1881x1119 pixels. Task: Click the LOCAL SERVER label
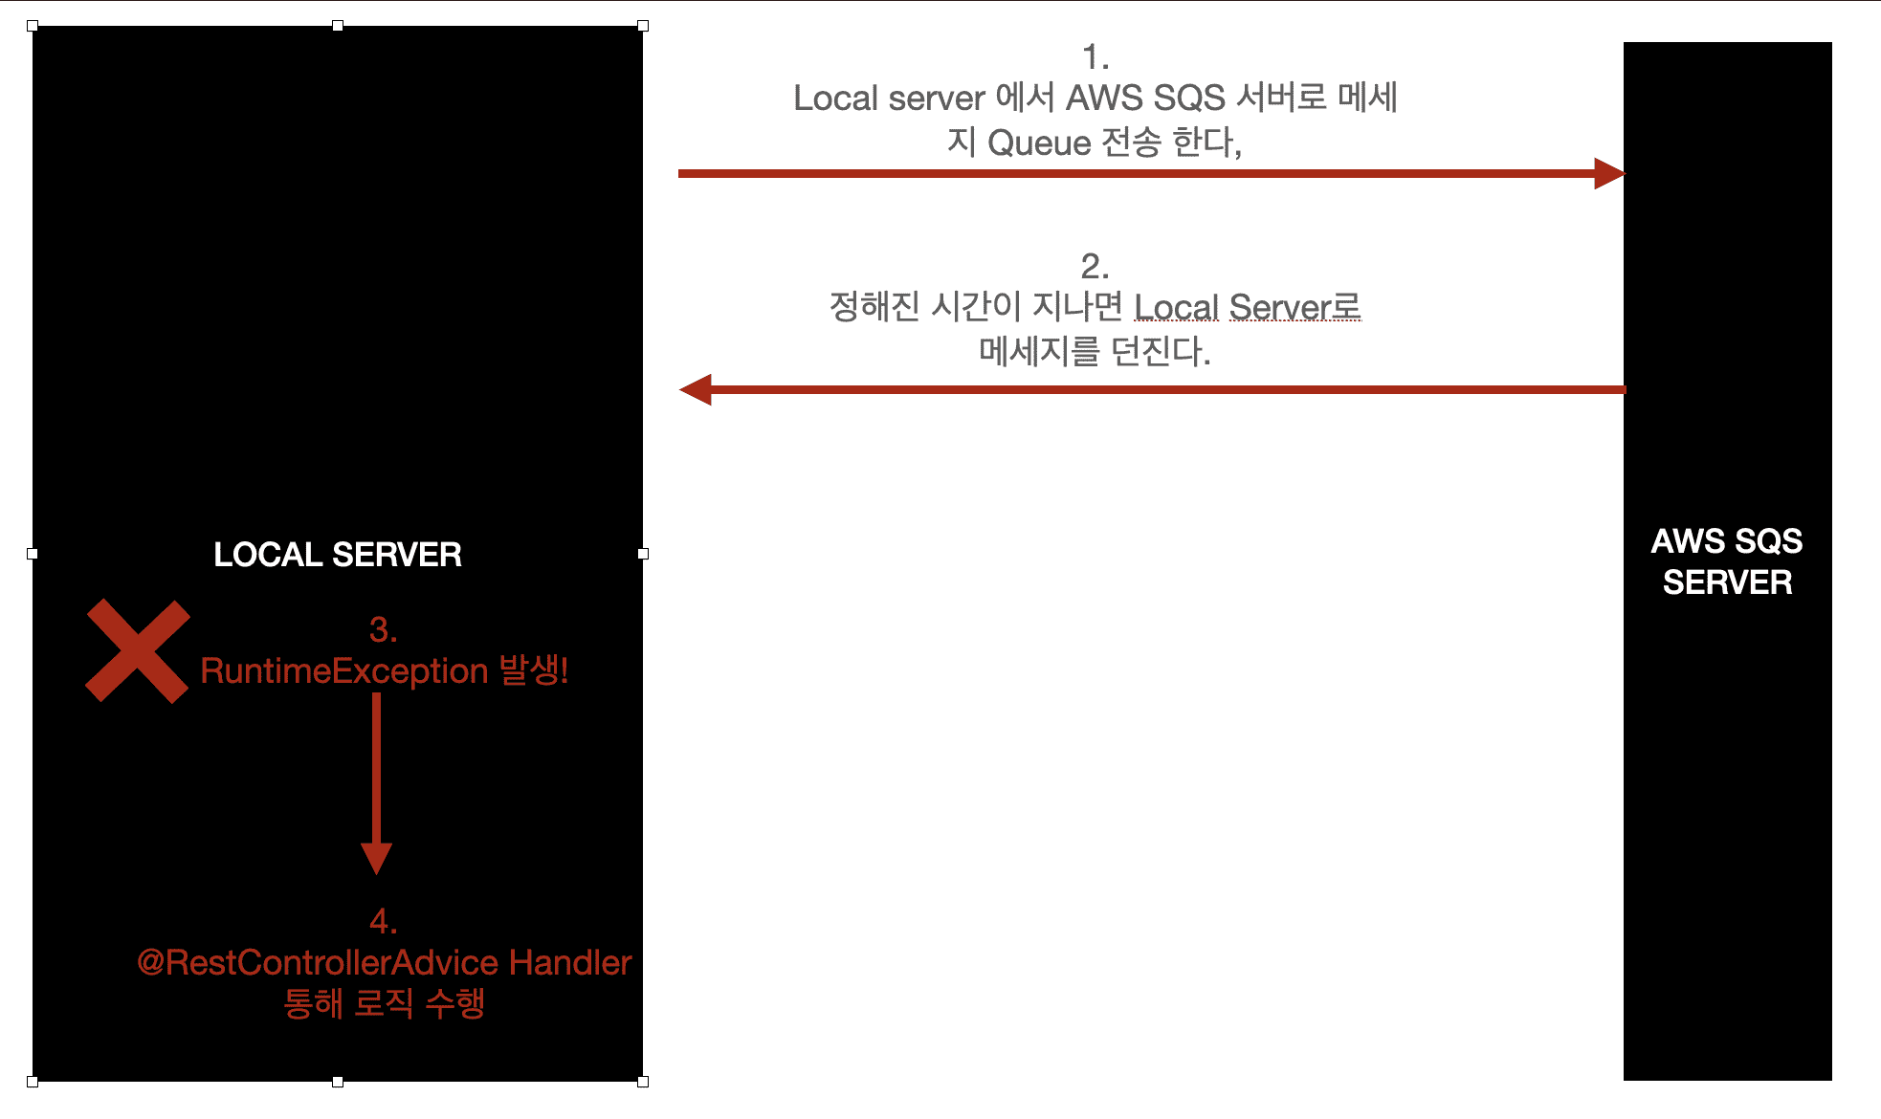pos(338,555)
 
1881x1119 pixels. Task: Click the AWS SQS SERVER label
pos(1727,561)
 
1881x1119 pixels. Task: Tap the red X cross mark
pos(138,651)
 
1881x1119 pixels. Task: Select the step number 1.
pos(1095,58)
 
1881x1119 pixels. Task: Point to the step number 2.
pos(1095,266)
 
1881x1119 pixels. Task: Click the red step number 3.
pos(383,629)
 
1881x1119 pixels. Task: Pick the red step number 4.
pos(383,921)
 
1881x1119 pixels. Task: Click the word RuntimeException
pos(344,671)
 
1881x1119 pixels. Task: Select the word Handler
pos(570,962)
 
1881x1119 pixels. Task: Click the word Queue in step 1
pos(1039,143)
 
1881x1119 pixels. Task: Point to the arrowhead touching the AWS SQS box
pos(1609,173)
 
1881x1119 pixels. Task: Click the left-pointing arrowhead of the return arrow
pos(696,389)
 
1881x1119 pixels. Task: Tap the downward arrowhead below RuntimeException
pos(377,858)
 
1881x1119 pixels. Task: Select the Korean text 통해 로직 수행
pos(385,1003)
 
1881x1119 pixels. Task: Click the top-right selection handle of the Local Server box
pos(643,26)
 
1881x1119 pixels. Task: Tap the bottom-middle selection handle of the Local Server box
pos(338,1082)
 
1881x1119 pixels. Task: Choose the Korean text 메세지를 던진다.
pos(1095,352)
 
